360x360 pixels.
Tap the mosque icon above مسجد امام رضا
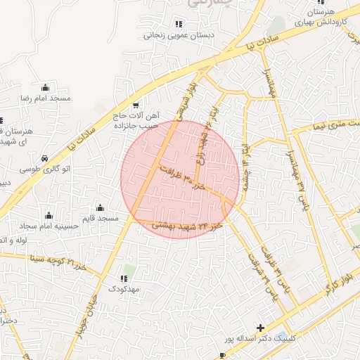click(x=46, y=87)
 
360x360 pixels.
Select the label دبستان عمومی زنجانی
click(x=171, y=34)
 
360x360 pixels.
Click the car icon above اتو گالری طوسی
click(x=46, y=158)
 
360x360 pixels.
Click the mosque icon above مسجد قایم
click(x=100, y=207)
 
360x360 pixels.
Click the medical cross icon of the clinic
click(x=261, y=328)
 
